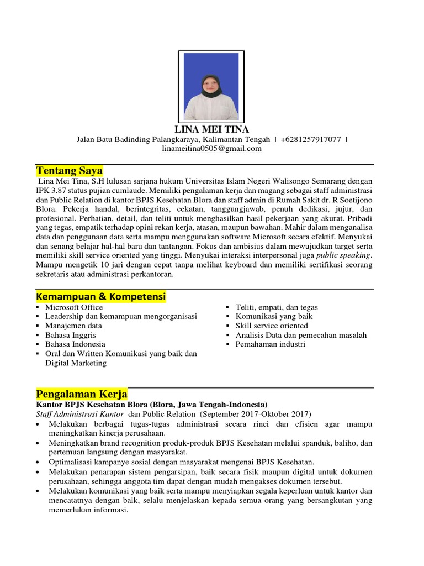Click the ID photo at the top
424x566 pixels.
[211, 86]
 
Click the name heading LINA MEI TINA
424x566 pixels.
[211, 129]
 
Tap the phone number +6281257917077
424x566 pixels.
[310, 139]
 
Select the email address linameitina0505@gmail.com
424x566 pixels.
[211, 149]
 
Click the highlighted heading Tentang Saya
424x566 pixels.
[69, 170]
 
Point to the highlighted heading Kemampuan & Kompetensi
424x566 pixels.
[100, 297]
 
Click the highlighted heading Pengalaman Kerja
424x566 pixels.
[82, 394]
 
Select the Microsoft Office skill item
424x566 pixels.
[74, 307]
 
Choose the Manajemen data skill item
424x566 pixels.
[73, 326]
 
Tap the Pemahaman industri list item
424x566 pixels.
[270, 344]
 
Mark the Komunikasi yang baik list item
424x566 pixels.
[274, 316]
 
